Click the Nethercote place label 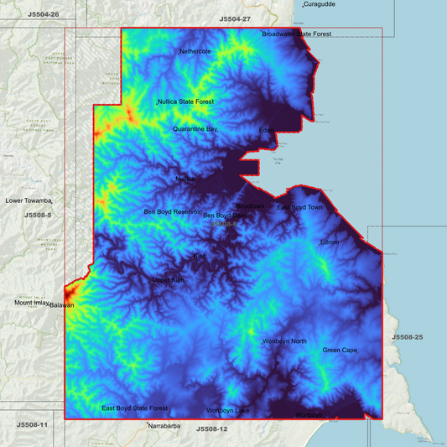pyautogui.click(x=195, y=51)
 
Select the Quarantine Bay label pyautogui.click(x=195, y=129)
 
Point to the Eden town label pyautogui.click(x=267, y=130)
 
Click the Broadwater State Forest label pyautogui.click(x=297, y=34)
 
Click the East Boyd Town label pyautogui.click(x=299, y=207)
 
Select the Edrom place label pyautogui.click(x=329, y=242)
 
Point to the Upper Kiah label pyautogui.click(x=167, y=279)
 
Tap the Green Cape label pyautogui.click(x=340, y=350)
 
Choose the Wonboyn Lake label pyautogui.click(x=228, y=410)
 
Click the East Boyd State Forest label pyautogui.click(x=134, y=408)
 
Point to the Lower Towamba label pyautogui.click(x=29, y=201)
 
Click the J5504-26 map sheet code pyautogui.click(x=44, y=15)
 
